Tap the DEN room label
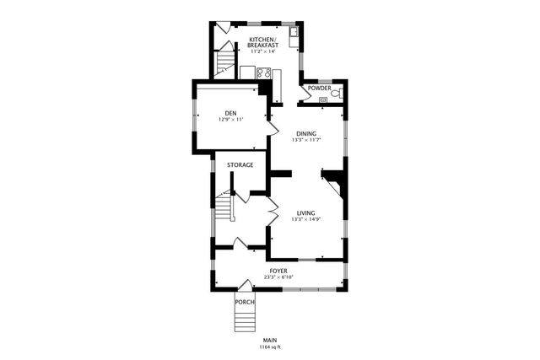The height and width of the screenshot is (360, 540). pyautogui.click(x=230, y=113)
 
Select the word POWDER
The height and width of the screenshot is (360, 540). pyautogui.click(x=320, y=88)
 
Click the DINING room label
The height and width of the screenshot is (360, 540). pyautogui.click(x=306, y=134)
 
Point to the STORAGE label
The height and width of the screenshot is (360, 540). pyautogui.click(x=240, y=164)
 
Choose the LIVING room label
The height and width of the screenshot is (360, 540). pyautogui.click(x=306, y=213)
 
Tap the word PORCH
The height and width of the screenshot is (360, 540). pyautogui.click(x=245, y=302)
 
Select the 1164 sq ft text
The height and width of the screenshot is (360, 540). pyautogui.click(x=270, y=347)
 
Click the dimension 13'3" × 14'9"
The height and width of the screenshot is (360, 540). pyautogui.click(x=306, y=220)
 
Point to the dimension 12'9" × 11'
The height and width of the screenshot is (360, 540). pyautogui.click(x=230, y=120)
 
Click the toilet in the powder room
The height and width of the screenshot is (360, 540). pyautogui.click(x=336, y=94)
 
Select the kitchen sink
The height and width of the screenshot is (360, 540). pyautogui.click(x=294, y=34)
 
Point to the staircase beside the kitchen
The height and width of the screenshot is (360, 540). pyautogui.click(x=224, y=64)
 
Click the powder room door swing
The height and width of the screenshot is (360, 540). pyautogui.click(x=308, y=94)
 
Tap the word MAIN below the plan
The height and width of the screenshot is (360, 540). pyautogui.click(x=270, y=341)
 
